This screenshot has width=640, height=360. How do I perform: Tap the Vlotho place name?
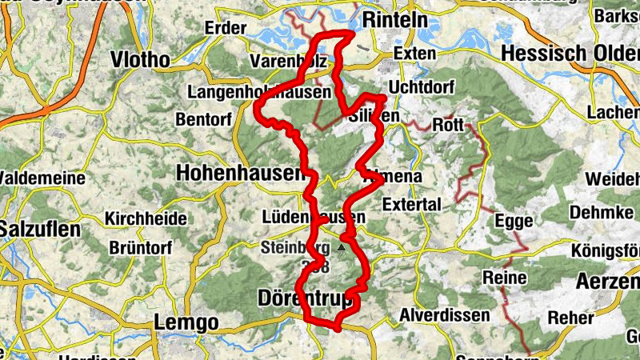coord(140,60)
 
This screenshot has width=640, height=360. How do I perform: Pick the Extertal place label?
coord(411,205)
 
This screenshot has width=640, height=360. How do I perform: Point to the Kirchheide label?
coord(146,218)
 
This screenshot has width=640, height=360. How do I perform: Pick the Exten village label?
coord(414,54)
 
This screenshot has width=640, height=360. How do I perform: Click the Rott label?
coord(447,126)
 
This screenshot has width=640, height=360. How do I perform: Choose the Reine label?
coord(505,278)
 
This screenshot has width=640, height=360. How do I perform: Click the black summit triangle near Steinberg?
coord(342,248)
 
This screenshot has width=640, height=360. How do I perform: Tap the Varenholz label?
coord(284,62)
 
